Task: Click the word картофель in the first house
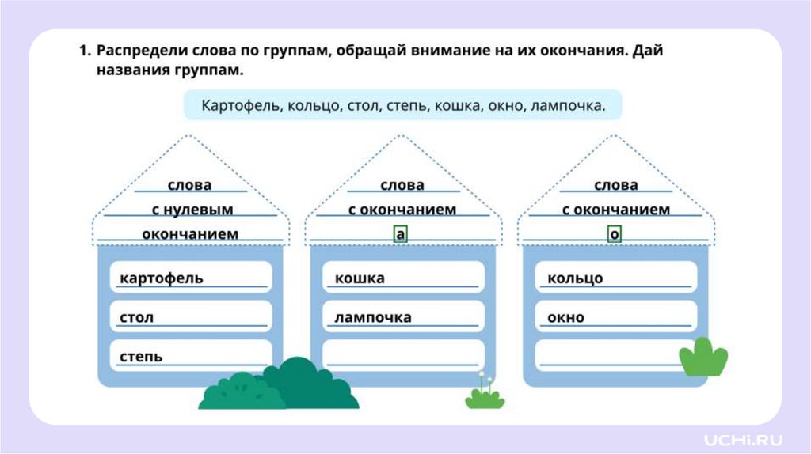(x=162, y=278)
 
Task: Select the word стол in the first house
(x=137, y=318)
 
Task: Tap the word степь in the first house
(x=142, y=357)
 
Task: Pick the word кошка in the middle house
(x=360, y=278)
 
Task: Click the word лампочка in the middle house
(x=373, y=318)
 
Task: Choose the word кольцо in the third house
(x=575, y=278)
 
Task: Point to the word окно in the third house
(x=565, y=318)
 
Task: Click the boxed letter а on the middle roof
(x=401, y=234)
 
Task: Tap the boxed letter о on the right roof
(x=615, y=234)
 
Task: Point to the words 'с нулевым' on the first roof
(x=192, y=210)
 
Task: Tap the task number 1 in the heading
(x=82, y=51)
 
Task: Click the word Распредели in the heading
(x=141, y=51)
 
